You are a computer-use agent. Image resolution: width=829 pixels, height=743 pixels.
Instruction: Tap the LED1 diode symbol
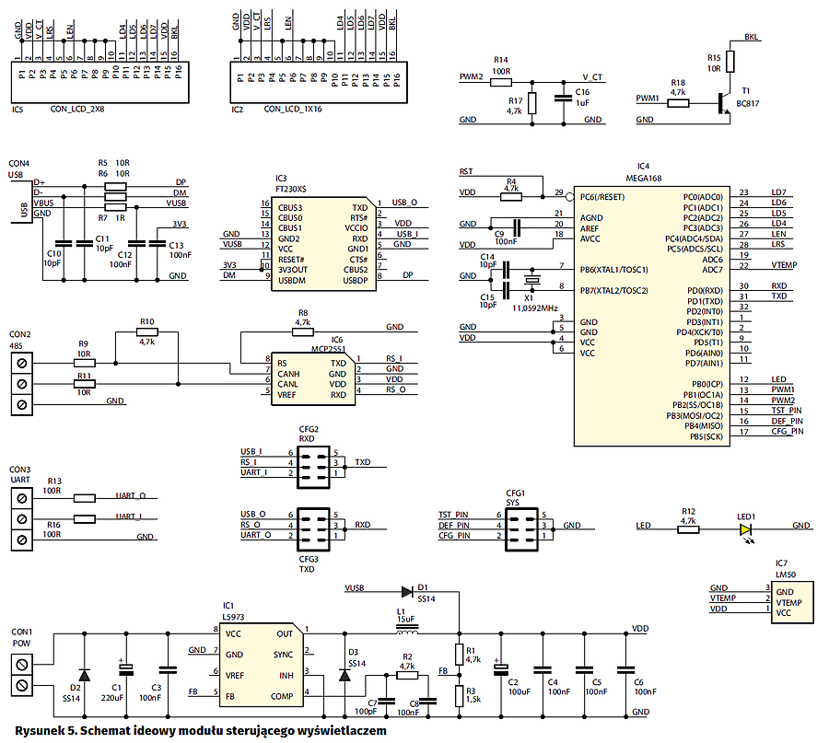pos(745,528)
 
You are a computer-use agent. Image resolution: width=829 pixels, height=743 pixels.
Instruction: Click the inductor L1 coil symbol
pos(405,633)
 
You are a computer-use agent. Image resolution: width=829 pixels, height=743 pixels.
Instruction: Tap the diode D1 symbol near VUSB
pos(409,592)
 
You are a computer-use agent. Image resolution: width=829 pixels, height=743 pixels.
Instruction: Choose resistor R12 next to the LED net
pos(687,528)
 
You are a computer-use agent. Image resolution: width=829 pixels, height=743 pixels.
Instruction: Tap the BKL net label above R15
pos(753,38)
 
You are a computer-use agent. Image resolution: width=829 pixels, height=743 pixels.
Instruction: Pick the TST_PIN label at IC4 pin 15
pos(788,411)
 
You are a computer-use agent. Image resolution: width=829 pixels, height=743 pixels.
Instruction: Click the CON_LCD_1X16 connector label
pos(293,110)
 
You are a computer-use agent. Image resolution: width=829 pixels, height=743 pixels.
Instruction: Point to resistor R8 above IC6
pos(302,332)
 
